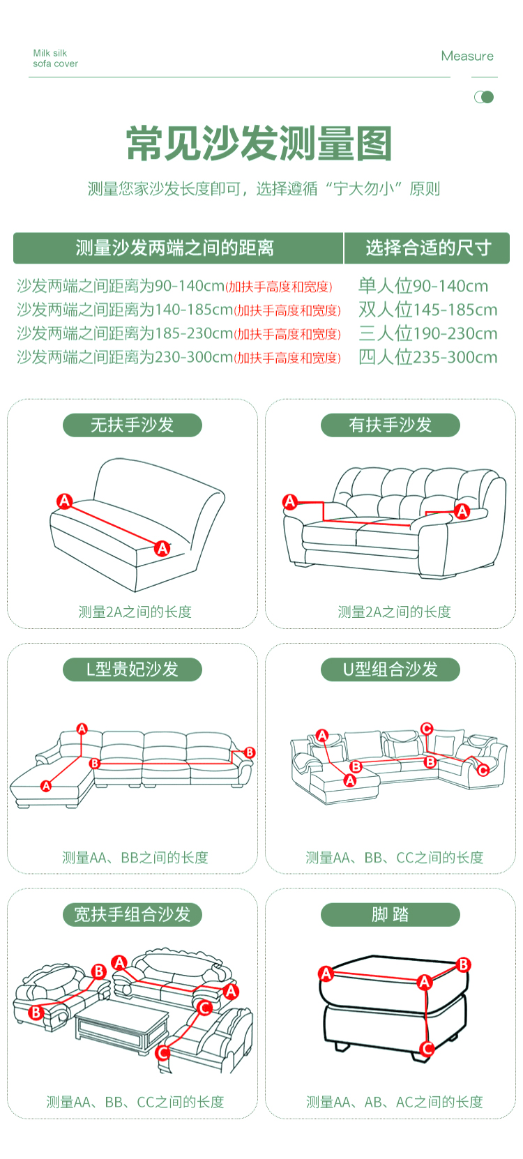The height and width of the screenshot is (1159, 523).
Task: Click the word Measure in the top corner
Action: coord(467,56)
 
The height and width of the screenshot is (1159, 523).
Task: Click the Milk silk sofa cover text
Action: coord(55,59)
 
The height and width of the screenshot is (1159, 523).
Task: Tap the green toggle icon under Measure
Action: coord(484,97)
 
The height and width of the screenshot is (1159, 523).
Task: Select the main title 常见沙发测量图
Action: coord(259,144)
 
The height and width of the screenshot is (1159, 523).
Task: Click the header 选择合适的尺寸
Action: coord(428,248)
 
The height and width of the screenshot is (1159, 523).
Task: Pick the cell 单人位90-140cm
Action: coord(423,286)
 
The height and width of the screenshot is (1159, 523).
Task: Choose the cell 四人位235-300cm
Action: coord(428,357)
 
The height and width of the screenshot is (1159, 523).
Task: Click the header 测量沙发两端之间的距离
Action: coord(175,248)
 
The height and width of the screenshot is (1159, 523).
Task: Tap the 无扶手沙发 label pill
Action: coord(132,425)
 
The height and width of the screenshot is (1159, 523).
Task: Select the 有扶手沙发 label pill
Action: coord(391,425)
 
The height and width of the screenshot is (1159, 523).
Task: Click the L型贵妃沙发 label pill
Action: coord(132,669)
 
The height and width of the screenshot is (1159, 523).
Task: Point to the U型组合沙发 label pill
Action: coord(391,669)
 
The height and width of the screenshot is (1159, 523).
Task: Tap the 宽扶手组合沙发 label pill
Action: coord(132,914)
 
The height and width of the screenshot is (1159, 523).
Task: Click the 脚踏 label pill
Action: coord(391,914)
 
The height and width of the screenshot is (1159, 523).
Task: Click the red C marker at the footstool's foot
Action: coord(427,1048)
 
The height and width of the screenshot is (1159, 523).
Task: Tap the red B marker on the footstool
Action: coord(464,964)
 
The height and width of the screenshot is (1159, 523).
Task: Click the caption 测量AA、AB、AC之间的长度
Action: coord(394,1102)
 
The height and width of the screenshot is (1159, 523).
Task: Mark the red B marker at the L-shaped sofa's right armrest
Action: coord(250,752)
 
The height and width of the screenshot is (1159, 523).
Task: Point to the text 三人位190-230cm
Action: coord(428,333)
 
